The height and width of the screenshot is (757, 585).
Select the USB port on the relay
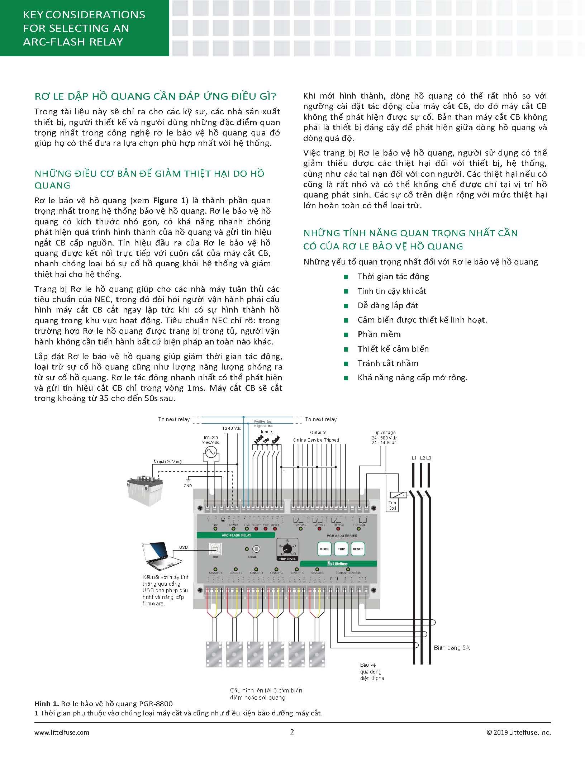[x=215, y=549]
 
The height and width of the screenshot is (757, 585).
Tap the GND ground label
[x=188, y=486]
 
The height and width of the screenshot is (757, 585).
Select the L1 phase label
[x=414, y=458]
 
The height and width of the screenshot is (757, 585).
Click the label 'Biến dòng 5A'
[x=451, y=648]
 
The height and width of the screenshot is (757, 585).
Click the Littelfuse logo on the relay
[x=338, y=563]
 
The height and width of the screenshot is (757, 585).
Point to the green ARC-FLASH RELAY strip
[x=236, y=535]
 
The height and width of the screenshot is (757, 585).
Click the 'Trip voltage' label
[x=384, y=433]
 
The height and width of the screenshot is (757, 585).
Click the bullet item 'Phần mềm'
[x=379, y=334]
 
